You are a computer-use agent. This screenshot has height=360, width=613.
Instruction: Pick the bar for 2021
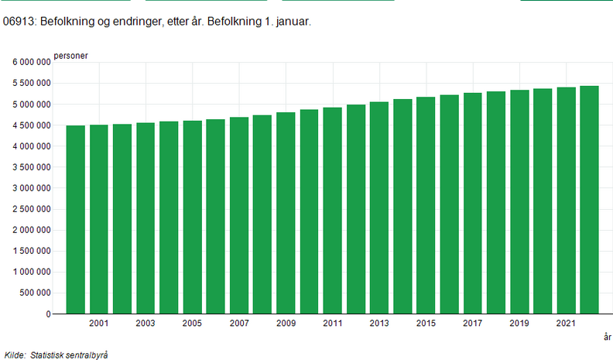(x=566, y=201)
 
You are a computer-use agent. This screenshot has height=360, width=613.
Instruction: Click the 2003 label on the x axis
(x=145, y=324)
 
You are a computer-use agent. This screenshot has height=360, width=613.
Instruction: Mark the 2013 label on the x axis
(x=378, y=324)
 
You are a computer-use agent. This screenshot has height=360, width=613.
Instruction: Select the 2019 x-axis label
(x=519, y=324)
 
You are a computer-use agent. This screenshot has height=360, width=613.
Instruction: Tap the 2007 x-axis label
(x=238, y=324)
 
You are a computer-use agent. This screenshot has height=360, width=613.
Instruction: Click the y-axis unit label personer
(x=70, y=55)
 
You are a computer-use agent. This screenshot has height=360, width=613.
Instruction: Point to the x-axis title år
(x=607, y=338)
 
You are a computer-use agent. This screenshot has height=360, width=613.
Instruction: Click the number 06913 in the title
(x=19, y=23)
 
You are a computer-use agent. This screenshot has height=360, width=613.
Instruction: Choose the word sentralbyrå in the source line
(x=85, y=355)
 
